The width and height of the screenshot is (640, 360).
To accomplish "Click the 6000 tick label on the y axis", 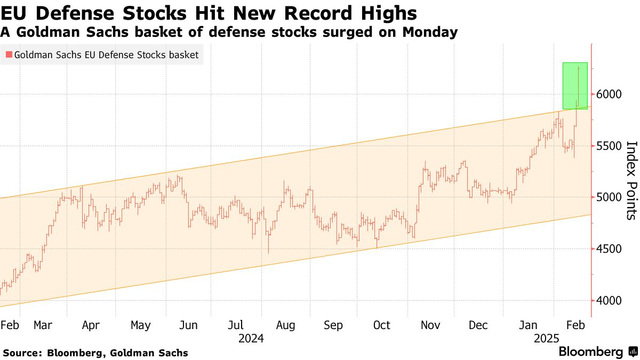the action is point(609,94).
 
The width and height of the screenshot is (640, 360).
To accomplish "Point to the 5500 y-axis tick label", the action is point(609,146).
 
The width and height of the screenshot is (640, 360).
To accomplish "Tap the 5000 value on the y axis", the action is point(609,197).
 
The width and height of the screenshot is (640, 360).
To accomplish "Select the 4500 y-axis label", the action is point(609,249).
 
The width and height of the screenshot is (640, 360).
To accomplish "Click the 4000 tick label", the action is point(609,301).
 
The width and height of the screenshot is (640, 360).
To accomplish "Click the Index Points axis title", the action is point(631,181).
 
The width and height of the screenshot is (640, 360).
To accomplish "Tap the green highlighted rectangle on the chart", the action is point(575,86).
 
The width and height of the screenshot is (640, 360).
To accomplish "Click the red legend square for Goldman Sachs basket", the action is point(9,54).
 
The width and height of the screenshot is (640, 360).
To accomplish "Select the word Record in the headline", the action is point(318,13).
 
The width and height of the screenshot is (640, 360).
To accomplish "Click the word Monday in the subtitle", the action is point(430,32).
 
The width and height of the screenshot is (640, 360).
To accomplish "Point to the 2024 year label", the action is point(251,339).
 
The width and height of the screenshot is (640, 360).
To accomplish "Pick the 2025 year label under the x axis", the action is point(547,339).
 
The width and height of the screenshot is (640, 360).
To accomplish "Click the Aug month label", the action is point(285,326).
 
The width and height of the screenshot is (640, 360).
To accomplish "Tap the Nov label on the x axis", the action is point(430,325).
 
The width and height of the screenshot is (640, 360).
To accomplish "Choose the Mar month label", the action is point(43,325).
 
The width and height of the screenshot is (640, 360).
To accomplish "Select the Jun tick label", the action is point(188,325).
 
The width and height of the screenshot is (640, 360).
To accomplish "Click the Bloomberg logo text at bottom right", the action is point(591,351).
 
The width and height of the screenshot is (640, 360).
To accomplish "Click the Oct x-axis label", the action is point(382,325).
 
